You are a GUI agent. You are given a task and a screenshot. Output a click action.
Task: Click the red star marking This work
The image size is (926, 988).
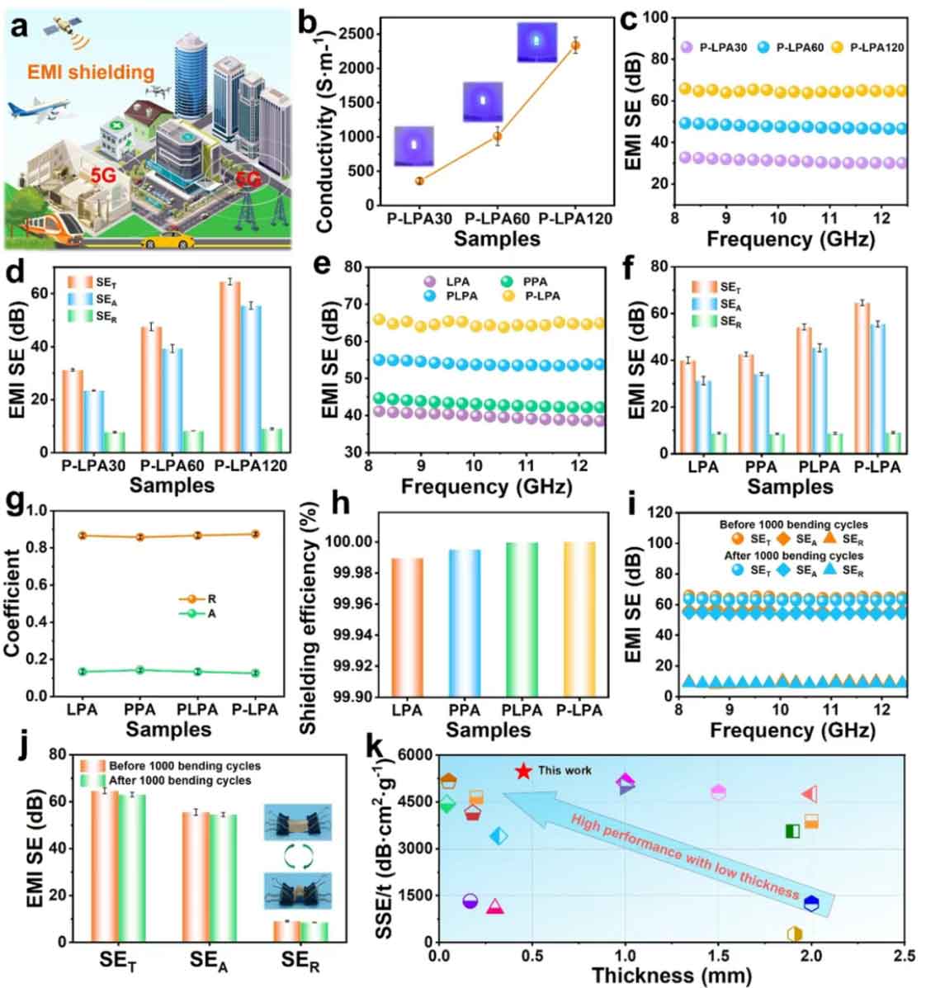tap(522, 771)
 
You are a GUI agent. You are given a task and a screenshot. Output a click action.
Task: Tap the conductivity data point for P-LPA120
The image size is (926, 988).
tap(576, 45)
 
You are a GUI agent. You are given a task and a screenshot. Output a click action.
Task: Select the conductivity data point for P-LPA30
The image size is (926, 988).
tap(419, 180)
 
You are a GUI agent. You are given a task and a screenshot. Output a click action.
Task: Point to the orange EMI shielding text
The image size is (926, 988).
tap(91, 73)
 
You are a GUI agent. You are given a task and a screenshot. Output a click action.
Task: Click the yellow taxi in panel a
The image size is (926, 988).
tap(168, 240)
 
